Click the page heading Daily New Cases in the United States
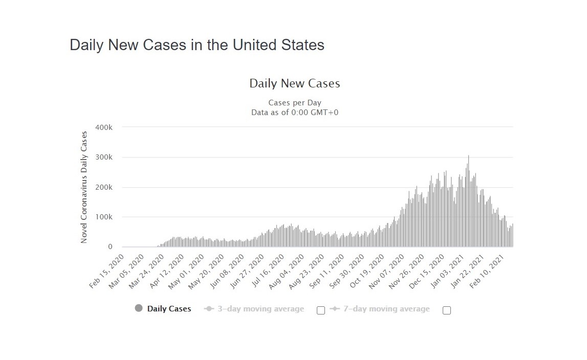point(197,45)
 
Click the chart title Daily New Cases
point(295,83)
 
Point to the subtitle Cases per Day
point(295,103)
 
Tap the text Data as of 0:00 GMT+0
point(295,112)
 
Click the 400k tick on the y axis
point(104,127)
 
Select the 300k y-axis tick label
point(104,157)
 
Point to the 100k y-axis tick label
point(104,217)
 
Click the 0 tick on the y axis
point(110,246)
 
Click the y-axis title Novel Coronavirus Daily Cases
point(84,187)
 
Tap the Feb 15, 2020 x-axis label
point(107,271)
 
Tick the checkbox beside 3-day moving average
point(321,310)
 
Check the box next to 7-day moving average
point(447,310)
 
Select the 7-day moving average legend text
point(387,309)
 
